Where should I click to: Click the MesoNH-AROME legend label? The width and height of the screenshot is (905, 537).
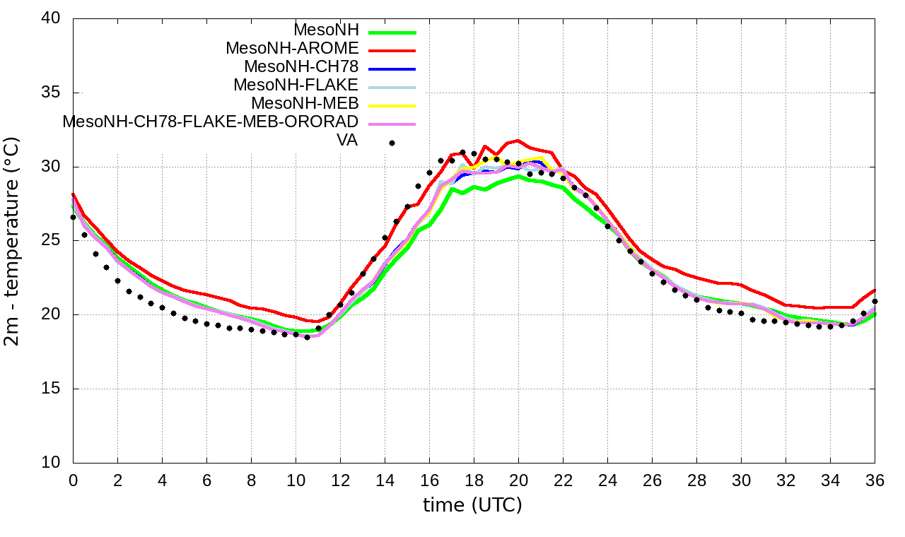[x=292, y=49]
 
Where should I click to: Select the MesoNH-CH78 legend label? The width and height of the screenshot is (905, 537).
[x=301, y=67]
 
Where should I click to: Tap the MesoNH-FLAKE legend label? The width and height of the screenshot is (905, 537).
[x=296, y=85]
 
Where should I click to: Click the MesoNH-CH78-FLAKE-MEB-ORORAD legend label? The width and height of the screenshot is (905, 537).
[x=211, y=122]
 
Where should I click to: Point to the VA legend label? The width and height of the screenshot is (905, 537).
[x=347, y=141]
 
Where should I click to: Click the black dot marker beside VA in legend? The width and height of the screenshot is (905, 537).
[x=392, y=143]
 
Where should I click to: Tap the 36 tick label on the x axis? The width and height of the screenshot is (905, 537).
[x=875, y=480]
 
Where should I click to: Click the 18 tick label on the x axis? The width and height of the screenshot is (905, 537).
[x=474, y=480]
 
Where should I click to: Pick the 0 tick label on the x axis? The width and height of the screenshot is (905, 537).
[x=73, y=480]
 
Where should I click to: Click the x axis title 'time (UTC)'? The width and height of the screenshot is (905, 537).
[x=472, y=505]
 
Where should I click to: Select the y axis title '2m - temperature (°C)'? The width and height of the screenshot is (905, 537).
[x=12, y=241]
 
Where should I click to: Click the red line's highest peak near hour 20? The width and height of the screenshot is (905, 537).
[x=518, y=141]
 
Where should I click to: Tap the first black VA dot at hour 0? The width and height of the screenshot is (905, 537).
[x=73, y=217]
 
